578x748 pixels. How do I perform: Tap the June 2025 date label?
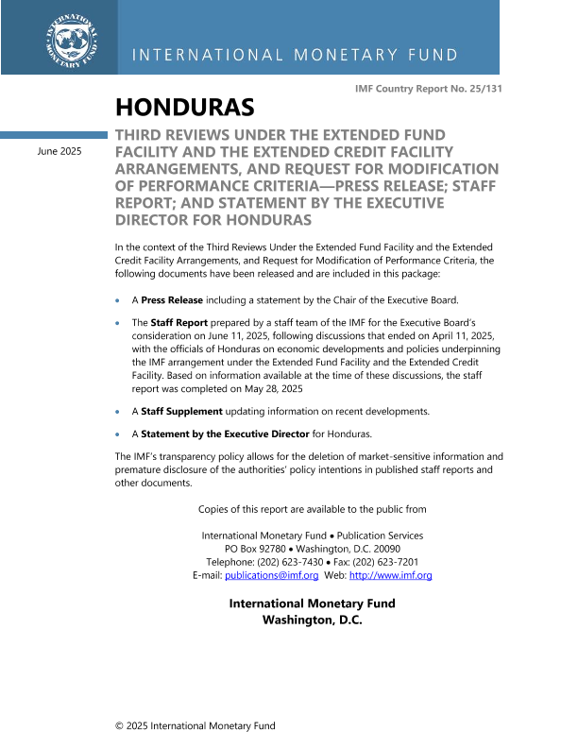click(59, 151)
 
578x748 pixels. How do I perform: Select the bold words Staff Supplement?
click(181, 411)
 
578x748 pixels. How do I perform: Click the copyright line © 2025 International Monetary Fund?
click(195, 725)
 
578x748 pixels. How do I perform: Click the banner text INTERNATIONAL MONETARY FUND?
click(295, 55)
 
